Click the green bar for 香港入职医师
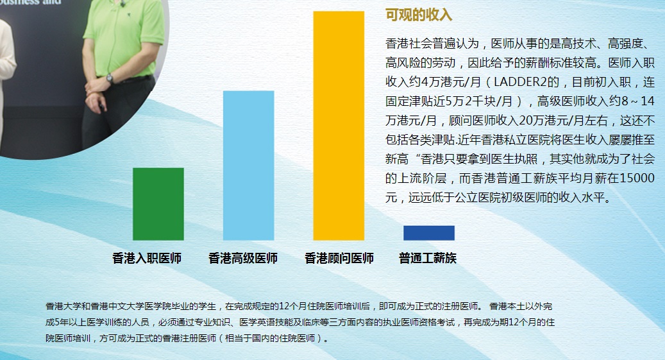(158, 204)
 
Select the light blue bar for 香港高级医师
(249, 166)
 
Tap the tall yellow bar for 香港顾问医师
(339, 126)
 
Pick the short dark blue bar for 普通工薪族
(429, 233)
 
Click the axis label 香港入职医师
(147, 258)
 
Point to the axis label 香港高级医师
(243, 258)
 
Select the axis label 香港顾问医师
(339, 258)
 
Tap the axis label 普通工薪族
(428, 258)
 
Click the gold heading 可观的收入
(419, 15)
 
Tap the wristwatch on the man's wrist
(110, 78)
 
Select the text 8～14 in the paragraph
(638, 101)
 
